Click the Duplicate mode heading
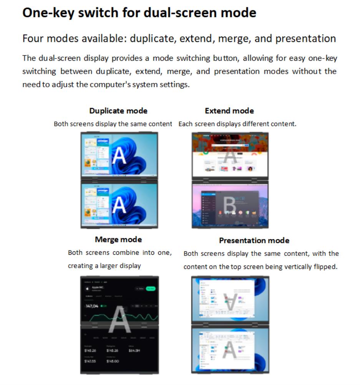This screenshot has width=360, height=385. click(118, 111)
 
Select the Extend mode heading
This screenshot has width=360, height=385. click(229, 111)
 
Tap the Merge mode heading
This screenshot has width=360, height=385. click(118, 239)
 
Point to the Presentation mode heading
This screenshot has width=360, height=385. click(254, 240)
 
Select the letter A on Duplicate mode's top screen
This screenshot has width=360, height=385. click(119, 156)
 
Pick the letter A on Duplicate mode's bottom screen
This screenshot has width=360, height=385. click(119, 205)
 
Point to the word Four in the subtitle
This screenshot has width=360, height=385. click(33, 38)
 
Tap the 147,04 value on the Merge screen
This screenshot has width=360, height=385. click(92, 306)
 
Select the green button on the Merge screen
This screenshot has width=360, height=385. click(151, 288)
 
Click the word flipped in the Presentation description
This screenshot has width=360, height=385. click(326, 266)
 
